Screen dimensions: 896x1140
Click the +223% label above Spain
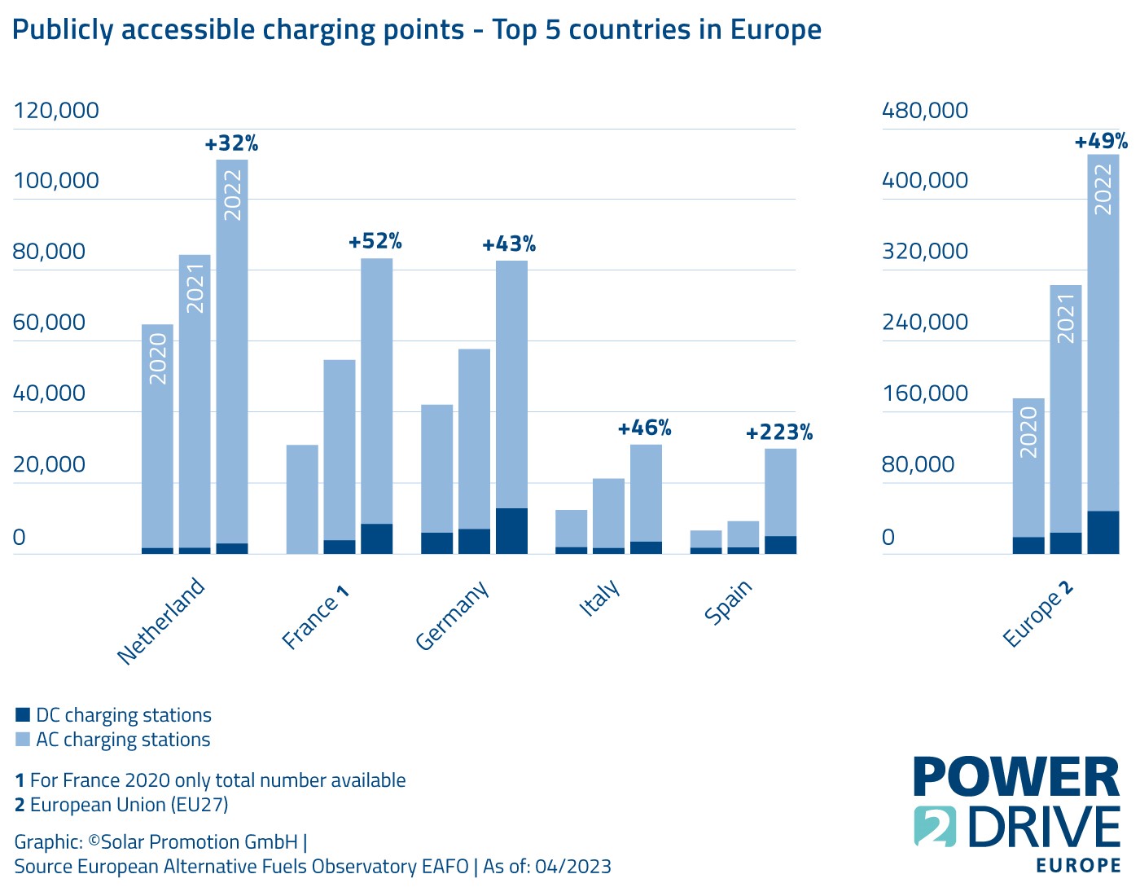click(x=779, y=433)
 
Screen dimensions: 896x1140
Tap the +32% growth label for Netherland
click(x=231, y=144)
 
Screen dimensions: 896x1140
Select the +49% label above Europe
click(x=1101, y=142)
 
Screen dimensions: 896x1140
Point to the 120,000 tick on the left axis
click(x=56, y=110)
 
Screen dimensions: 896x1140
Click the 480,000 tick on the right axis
click(x=925, y=110)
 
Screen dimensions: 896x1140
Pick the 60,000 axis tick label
click(x=49, y=323)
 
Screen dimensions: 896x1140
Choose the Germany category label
click(x=452, y=615)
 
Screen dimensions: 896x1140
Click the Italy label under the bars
click(x=600, y=598)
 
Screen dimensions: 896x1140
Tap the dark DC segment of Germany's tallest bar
click(x=511, y=531)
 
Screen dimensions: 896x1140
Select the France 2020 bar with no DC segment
click(x=302, y=499)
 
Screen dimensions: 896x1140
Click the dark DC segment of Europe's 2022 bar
click(x=1103, y=532)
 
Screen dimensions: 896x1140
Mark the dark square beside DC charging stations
click(x=23, y=715)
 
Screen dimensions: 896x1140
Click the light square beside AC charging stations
click(x=23, y=740)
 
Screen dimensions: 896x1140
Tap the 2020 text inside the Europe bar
click(x=1028, y=432)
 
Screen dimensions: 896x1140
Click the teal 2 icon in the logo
click(x=935, y=826)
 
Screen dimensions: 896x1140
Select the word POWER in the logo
click(x=1016, y=777)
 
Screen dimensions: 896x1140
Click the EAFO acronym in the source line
click(x=446, y=866)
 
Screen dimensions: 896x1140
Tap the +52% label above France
click(x=375, y=242)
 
